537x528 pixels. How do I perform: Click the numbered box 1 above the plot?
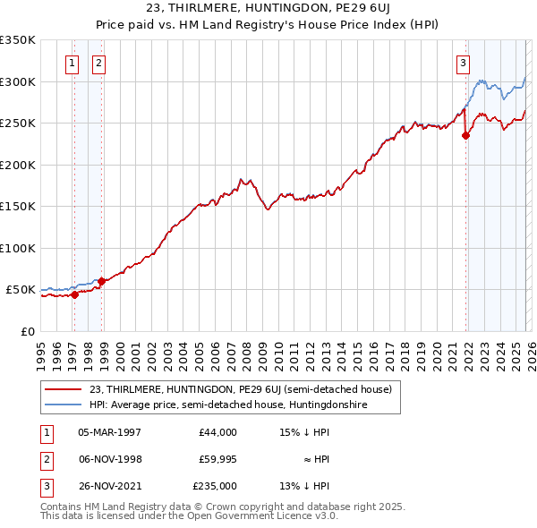[71, 63]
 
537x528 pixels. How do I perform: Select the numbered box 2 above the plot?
[98, 63]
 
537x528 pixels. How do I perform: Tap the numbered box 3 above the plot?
[463, 63]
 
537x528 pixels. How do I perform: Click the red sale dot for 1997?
[74, 295]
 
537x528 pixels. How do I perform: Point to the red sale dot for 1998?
[101, 281]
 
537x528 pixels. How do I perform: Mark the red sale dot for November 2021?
[466, 136]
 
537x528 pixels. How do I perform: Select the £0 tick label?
[27, 331]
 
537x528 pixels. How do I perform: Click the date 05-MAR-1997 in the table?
[109, 432]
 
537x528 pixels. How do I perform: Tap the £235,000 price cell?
[215, 486]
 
